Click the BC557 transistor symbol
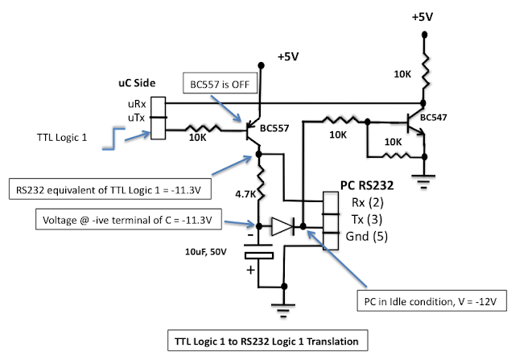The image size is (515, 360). click(253, 130)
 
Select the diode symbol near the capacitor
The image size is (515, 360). click(282, 226)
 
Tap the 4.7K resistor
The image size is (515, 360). click(260, 184)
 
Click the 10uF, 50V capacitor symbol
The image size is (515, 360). click(258, 252)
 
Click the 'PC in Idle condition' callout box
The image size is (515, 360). click(431, 300)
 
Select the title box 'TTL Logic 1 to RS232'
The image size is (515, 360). click(267, 341)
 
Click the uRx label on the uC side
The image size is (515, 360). click(137, 104)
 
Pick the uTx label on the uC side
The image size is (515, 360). click(136, 118)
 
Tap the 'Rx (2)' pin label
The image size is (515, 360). click(368, 202)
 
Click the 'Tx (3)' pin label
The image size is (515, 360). click(367, 219)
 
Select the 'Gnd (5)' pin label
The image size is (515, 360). click(367, 237)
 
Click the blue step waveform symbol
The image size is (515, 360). click(113, 139)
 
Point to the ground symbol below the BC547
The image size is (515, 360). click(424, 181)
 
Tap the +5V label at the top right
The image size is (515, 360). click(422, 17)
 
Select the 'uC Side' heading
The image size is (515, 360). click(137, 83)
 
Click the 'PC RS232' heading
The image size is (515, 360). click(367, 185)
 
